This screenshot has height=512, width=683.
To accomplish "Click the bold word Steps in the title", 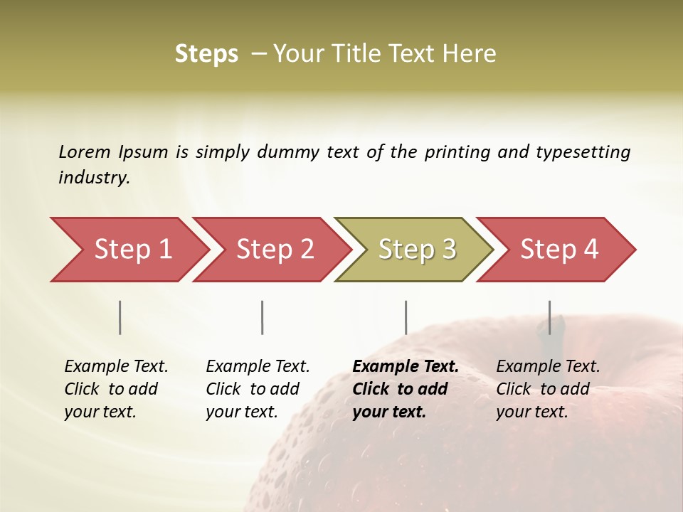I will [206, 54].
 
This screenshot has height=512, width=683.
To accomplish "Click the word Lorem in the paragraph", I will [84, 151].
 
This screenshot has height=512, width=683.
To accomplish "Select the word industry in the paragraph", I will [93, 178].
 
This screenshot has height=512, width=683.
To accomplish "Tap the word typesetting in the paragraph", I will [583, 152].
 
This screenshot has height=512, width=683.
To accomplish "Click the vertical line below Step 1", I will [120, 317].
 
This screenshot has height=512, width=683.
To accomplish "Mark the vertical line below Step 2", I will [263, 317].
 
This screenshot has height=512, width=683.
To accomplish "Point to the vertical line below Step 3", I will [406, 317].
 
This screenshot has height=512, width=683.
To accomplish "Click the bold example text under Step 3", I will [405, 389].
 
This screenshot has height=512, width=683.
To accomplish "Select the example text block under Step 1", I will [116, 389].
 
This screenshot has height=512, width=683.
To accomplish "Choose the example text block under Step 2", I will [258, 389].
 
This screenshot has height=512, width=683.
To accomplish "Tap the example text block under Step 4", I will [548, 389].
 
